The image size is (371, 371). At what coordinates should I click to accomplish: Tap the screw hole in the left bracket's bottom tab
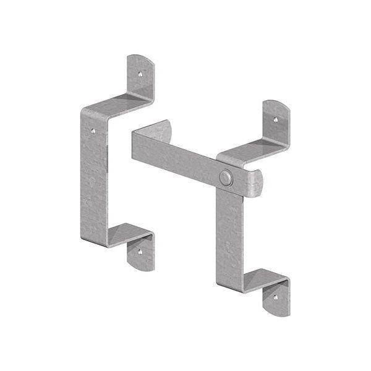click(x=140, y=252)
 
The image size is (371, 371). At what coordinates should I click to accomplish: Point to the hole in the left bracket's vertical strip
click(x=93, y=130)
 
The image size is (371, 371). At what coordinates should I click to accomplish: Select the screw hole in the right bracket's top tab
click(x=275, y=119)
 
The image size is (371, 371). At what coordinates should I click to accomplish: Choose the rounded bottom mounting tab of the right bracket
click(x=276, y=299)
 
